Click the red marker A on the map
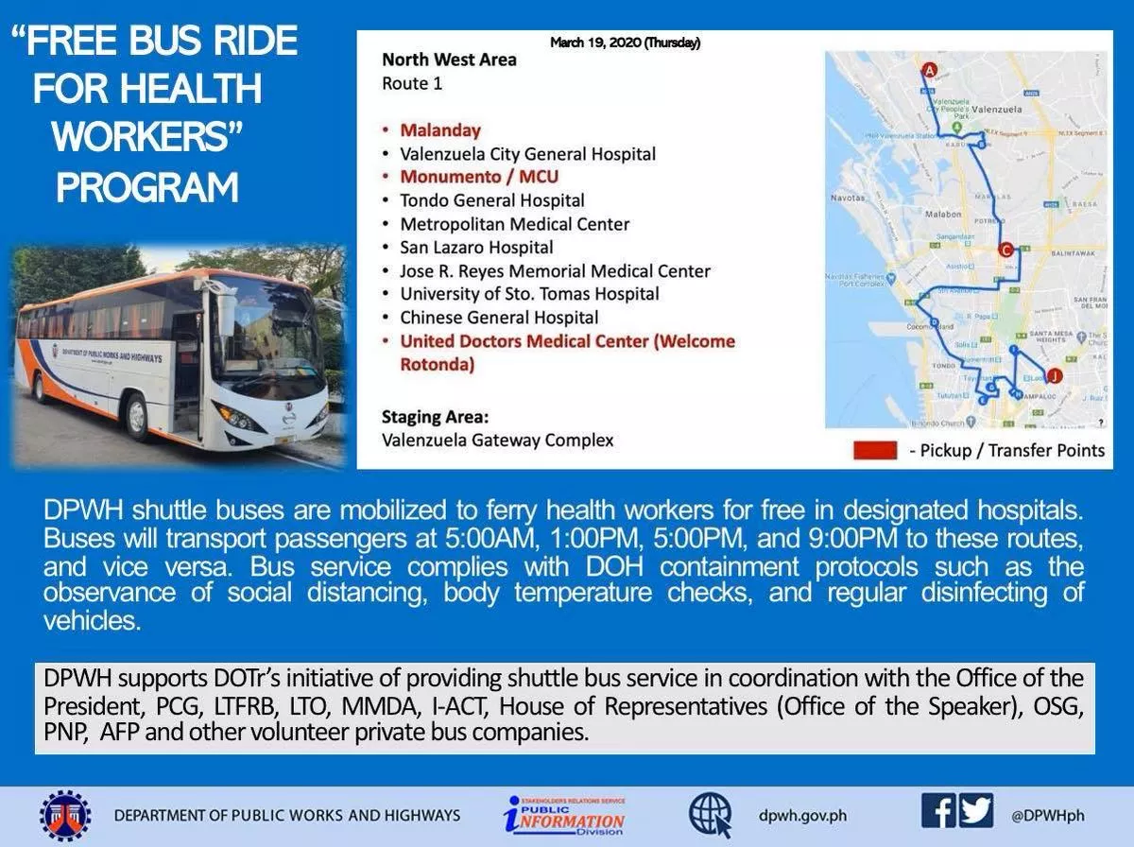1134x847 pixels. (929, 70)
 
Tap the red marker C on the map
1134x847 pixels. (1005, 250)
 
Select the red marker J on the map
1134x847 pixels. (1054, 375)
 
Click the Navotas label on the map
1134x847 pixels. (848, 199)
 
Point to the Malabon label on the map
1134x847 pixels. (942, 215)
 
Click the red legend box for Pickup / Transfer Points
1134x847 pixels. (875, 450)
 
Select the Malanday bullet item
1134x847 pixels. (439, 130)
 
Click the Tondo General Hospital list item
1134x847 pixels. (491, 200)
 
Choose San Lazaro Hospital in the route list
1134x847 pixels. (476, 248)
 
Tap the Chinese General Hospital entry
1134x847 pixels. (499, 318)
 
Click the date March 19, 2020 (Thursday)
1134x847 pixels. (625, 43)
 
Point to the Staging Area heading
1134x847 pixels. (439, 416)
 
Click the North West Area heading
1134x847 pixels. (449, 60)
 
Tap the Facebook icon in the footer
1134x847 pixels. (940, 812)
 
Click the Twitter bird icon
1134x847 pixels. (976, 812)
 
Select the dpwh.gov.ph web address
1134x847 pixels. (803, 815)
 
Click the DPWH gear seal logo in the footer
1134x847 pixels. (65, 815)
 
